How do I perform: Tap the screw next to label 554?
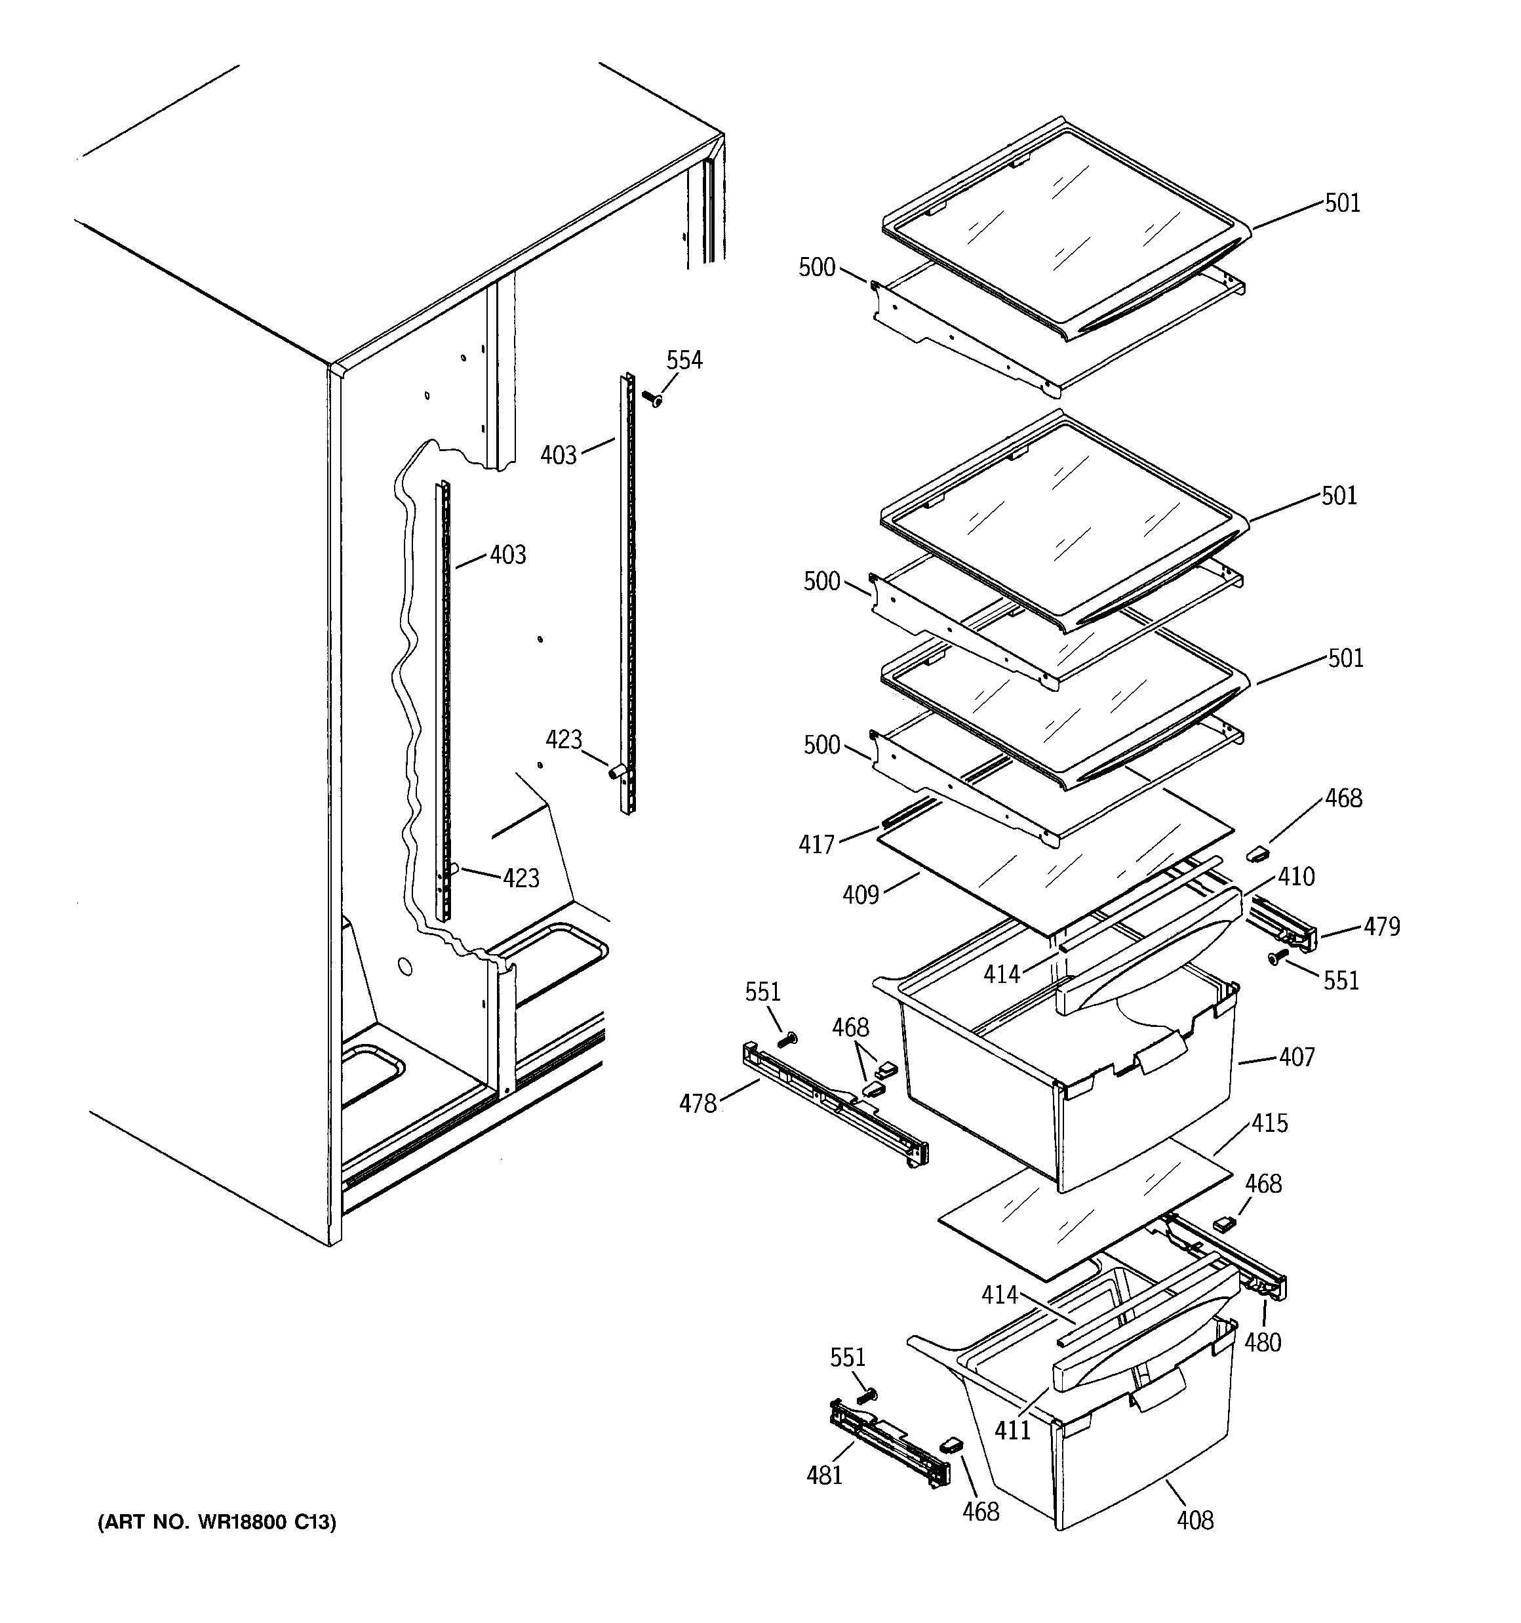pyautogui.click(x=652, y=399)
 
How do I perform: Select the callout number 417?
pyautogui.click(x=816, y=844)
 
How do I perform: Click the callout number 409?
pyautogui.click(x=861, y=896)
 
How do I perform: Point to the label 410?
pyautogui.click(x=1297, y=877)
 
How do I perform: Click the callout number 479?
pyautogui.click(x=1381, y=927)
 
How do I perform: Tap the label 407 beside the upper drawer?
pyautogui.click(x=1297, y=1057)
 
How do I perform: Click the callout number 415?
pyautogui.click(x=1269, y=1123)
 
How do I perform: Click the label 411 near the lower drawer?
pyautogui.click(x=1012, y=1430)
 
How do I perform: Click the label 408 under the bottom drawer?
pyautogui.click(x=1195, y=1520)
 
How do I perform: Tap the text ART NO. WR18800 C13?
pyautogui.click(x=216, y=1523)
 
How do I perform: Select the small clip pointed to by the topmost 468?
pyautogui.click(x=1257, y=853)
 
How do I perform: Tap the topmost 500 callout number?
pyautogui.click(x=816, y=268)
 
